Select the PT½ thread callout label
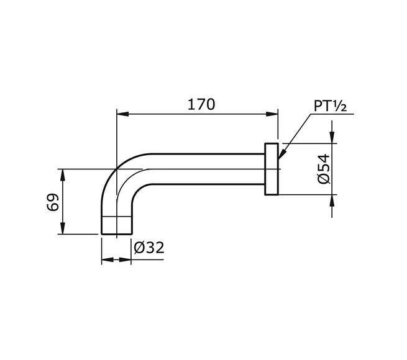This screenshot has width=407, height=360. (x=330, y=106)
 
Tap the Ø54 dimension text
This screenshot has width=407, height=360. (x=323, y=169)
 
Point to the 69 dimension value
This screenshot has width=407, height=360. (x=52, y=202)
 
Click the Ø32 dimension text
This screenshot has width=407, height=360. (x=149, y=248)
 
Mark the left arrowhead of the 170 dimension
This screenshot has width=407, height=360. (x=122, y=114)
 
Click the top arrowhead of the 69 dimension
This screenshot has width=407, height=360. (x=62, y=173)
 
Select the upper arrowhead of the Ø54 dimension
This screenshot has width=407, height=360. (x=333, y=138)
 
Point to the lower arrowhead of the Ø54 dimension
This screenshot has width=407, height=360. (x=333, y=199)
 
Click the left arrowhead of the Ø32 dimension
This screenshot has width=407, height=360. (x=106, y=260)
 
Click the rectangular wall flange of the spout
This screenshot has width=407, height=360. (x=272, y=169)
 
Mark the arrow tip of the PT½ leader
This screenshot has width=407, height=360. (x=281, y=154)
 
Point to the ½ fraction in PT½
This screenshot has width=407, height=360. (x=341, y=106)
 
